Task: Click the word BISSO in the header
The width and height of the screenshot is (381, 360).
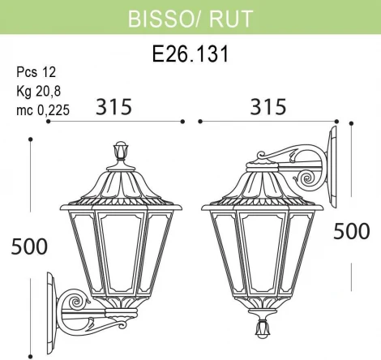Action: (159, 19)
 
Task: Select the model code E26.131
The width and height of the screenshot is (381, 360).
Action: (190, 54)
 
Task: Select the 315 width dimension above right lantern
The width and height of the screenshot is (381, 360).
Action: (267, 106)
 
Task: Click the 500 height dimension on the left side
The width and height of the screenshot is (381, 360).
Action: (28, 246)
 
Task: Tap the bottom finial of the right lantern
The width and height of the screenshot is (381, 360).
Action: (262, 328)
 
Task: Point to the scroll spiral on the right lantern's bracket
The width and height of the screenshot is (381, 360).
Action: (308, 178)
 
